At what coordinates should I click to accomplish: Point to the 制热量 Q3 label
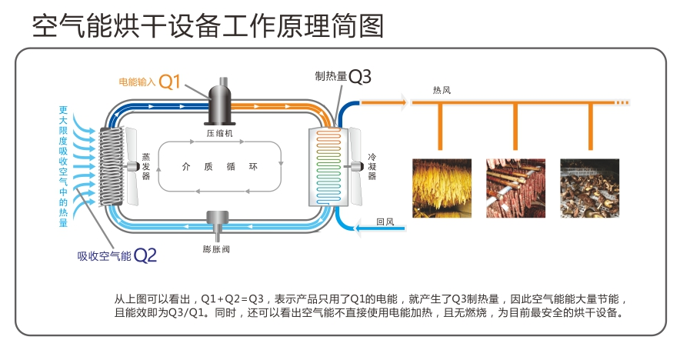click(x=343, y=76)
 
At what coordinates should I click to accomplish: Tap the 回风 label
click(x=385, y=223)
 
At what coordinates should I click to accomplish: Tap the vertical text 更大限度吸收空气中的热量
click(x=63, y=166)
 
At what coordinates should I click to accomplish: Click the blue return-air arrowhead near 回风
click(x=342, y=227)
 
